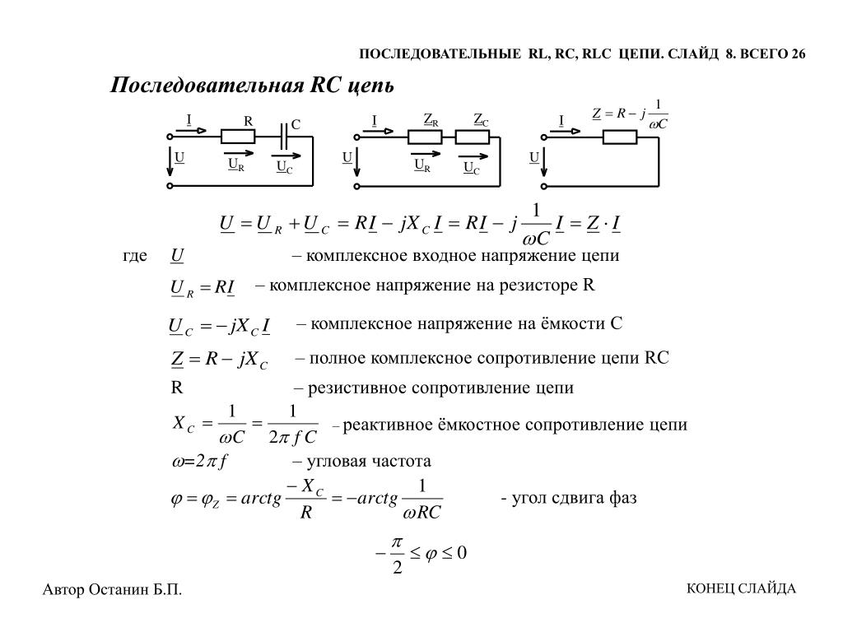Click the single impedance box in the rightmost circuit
(x=620, y=137)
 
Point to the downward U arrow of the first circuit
(x=170, y=161)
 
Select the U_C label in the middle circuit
(x=471, y=168)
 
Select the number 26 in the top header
(x=798, y=54)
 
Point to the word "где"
(x=135, y=256)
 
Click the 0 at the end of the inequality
(x=461, y=552)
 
